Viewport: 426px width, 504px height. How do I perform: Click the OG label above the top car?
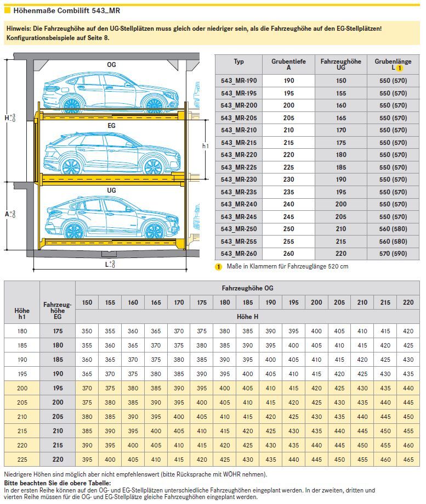click(111, 64)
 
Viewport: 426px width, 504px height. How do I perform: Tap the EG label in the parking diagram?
click(111, 126)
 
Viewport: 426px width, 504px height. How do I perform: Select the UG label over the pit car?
click(111, 190)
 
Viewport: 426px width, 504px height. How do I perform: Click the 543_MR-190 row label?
click(238, 81)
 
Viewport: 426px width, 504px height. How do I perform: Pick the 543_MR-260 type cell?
click(238, 254)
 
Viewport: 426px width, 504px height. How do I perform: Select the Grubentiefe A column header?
click(288, 65)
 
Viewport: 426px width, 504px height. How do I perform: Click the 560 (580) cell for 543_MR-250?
click(393, 229)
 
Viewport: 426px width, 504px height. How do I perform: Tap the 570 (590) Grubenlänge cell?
click(393, 254)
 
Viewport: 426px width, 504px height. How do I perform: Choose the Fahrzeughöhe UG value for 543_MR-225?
click(341, 167)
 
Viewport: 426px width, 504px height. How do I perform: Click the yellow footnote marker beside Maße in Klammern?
click(218, 267)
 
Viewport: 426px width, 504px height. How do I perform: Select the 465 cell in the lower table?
click(408, 458)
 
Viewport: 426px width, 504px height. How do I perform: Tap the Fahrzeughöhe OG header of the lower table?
click(248, 288)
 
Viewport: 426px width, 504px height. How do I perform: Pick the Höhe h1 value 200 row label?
click(22, 388)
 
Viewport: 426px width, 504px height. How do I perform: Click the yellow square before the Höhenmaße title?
click(7, 10)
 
